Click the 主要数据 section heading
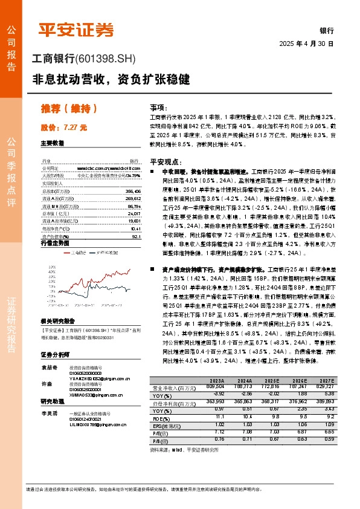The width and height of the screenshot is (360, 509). point(52,144)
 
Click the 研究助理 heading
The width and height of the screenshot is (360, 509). point(52,401)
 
